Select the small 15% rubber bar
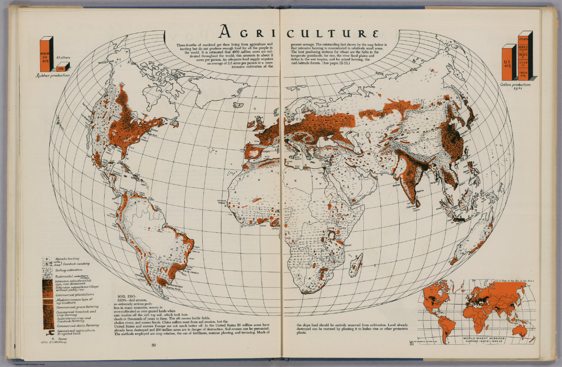61,68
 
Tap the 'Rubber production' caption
52,75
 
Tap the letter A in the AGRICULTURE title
225,33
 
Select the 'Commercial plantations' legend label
75,295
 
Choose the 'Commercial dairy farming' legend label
78,325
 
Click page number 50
154,345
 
